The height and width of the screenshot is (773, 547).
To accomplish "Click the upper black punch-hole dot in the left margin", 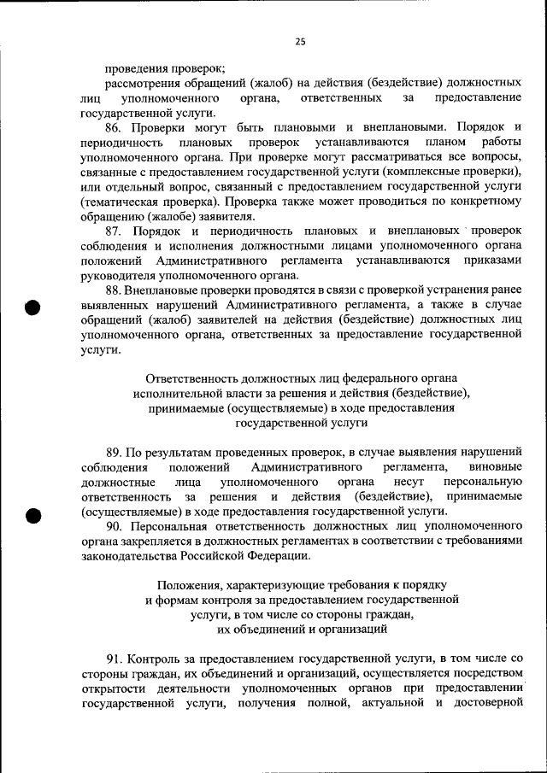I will (x=33, y=308).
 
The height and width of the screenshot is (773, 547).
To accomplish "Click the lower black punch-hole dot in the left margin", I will (x=33, y=514).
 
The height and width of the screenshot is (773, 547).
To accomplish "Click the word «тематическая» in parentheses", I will (x=123, y=202).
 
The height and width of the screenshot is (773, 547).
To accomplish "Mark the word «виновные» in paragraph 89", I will (x=496, y=467).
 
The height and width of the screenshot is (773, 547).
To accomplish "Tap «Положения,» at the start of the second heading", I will (x=189, y=585).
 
